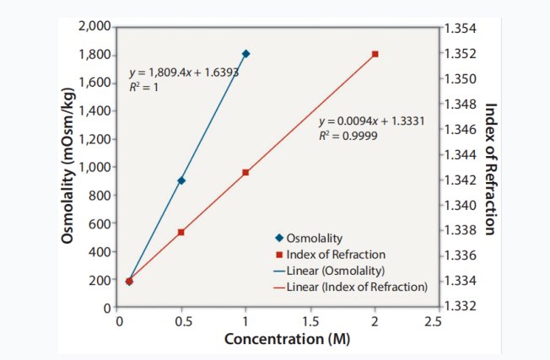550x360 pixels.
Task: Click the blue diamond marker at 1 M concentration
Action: click(245, 53)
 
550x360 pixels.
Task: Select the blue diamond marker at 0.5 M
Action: click(181, 180)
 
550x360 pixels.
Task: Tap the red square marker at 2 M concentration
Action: click(376, 54)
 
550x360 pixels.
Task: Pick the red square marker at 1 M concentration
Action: click(245, 172)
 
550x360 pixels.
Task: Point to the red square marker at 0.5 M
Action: click(181, 232)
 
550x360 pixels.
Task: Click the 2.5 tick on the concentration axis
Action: click(433, 321)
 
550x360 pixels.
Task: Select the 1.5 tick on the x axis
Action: click(310, 321)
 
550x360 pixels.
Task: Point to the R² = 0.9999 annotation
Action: click(349, 135)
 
